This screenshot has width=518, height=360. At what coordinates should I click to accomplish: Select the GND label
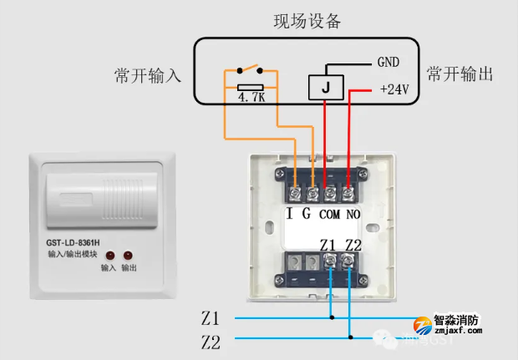[388, 63]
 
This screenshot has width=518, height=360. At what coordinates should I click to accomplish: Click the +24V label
[394, 89]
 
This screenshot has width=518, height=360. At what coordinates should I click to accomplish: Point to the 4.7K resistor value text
[251, 97]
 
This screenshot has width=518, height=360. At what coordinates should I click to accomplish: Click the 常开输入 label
[147, 76]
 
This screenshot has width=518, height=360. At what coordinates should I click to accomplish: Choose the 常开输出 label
[460, 74]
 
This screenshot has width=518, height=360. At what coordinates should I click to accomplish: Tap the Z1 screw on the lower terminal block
[332, 261]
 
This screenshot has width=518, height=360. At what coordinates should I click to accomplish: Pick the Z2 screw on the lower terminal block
[350, 261]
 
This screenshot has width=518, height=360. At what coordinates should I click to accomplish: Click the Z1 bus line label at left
[210, 318]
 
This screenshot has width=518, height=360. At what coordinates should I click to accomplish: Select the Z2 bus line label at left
[210, 341]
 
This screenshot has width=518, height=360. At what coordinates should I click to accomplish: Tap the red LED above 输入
[108, 254]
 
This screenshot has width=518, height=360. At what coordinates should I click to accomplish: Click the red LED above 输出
[129, 254]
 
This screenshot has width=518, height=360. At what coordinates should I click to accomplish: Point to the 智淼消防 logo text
[457, 320]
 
